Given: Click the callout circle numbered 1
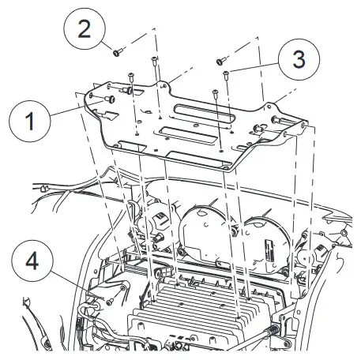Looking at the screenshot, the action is [29, 121].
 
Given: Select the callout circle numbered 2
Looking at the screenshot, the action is [85, 28].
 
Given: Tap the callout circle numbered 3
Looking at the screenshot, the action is [299, 59].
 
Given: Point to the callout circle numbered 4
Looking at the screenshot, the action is [32, 261].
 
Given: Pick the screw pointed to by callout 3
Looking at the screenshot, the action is [225, 74].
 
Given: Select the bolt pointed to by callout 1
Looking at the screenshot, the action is [110, 99].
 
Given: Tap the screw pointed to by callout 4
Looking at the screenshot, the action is [110, 302].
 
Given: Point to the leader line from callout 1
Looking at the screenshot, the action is [77, 108].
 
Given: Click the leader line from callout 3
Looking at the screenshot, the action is [254, 67].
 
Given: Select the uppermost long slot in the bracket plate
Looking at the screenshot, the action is [204, 114].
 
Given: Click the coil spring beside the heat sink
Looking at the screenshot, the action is [273, 328].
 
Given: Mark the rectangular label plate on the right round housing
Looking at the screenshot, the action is [269, 251].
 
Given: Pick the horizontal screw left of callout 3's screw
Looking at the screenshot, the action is [220, 61].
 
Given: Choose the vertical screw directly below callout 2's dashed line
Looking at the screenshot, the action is [154, 62].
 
